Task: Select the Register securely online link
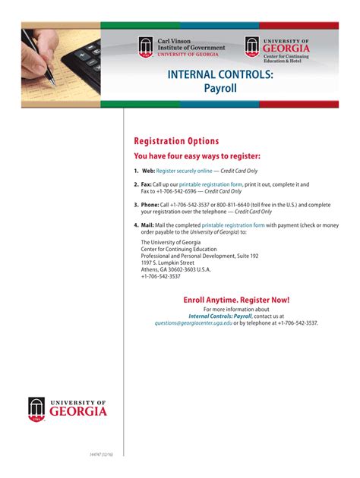point(184,171)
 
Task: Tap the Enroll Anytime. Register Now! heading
point(236,300)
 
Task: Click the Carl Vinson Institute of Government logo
point(182,47)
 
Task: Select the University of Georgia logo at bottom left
point(68,409)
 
